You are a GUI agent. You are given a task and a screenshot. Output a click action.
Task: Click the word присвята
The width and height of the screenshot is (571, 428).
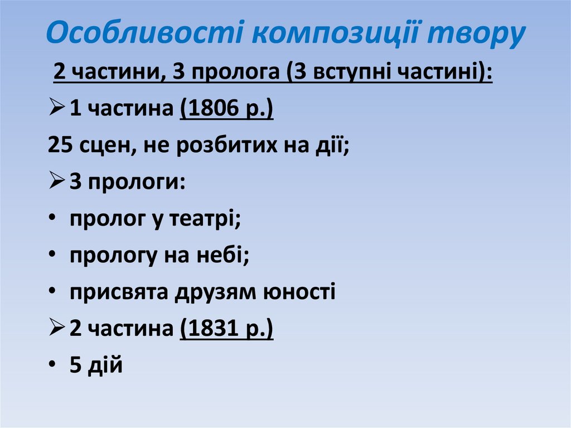coord(119,292)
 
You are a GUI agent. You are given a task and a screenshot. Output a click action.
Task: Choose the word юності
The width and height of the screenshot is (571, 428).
coord(301,292)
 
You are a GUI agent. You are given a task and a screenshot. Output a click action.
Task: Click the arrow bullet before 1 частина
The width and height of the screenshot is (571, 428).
coord(56,110)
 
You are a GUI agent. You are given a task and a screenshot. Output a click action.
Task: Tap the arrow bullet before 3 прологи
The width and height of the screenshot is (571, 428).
coord(56,183)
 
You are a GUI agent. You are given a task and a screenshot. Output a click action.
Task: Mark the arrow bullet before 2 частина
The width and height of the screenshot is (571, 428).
coord(56,329)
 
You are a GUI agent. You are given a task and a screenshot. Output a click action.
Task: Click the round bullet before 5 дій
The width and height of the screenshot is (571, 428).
coord(52,366)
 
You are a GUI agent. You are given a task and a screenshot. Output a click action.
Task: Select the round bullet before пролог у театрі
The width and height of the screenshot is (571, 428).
coord(52,219)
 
